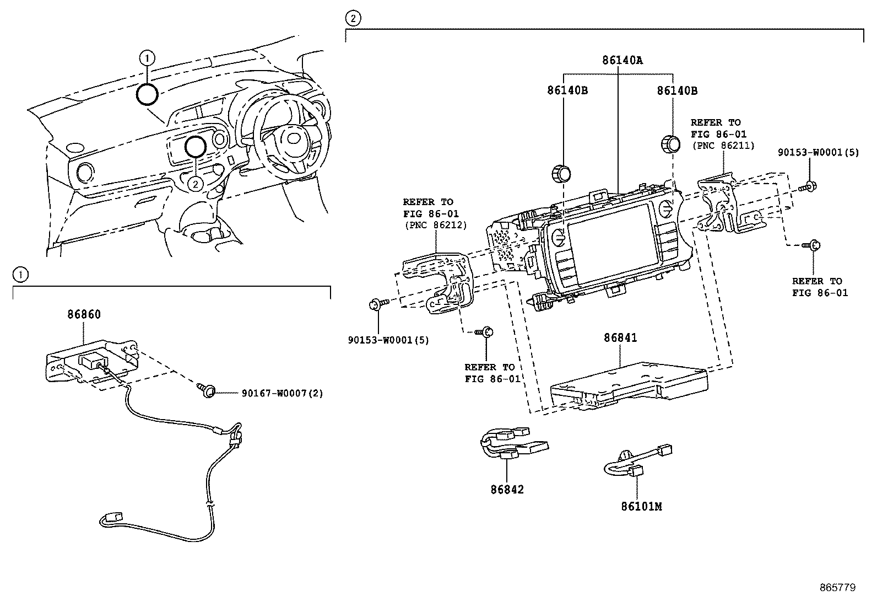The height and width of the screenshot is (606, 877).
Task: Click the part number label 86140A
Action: (x=619, y=60)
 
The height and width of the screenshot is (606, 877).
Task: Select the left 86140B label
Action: (x=567, y=90)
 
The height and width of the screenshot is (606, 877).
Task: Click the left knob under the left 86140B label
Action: (x=560, y=173)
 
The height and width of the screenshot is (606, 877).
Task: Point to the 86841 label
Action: (x=620, y=337)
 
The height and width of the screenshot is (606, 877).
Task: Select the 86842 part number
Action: (x=507, y=489)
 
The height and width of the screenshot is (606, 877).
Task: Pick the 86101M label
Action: (x=641, y=506)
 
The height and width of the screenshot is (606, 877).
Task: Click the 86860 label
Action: (x=84, y=315)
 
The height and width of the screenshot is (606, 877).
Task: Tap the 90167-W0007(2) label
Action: (x=282, y=393)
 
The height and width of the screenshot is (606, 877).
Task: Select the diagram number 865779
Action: (x=837, y=588)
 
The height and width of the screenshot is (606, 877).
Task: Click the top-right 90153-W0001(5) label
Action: (x=818, y=152)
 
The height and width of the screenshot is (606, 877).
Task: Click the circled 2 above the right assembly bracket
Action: (x=352, y=19)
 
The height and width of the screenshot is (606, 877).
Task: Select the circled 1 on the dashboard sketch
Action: (x=147, y=57)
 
